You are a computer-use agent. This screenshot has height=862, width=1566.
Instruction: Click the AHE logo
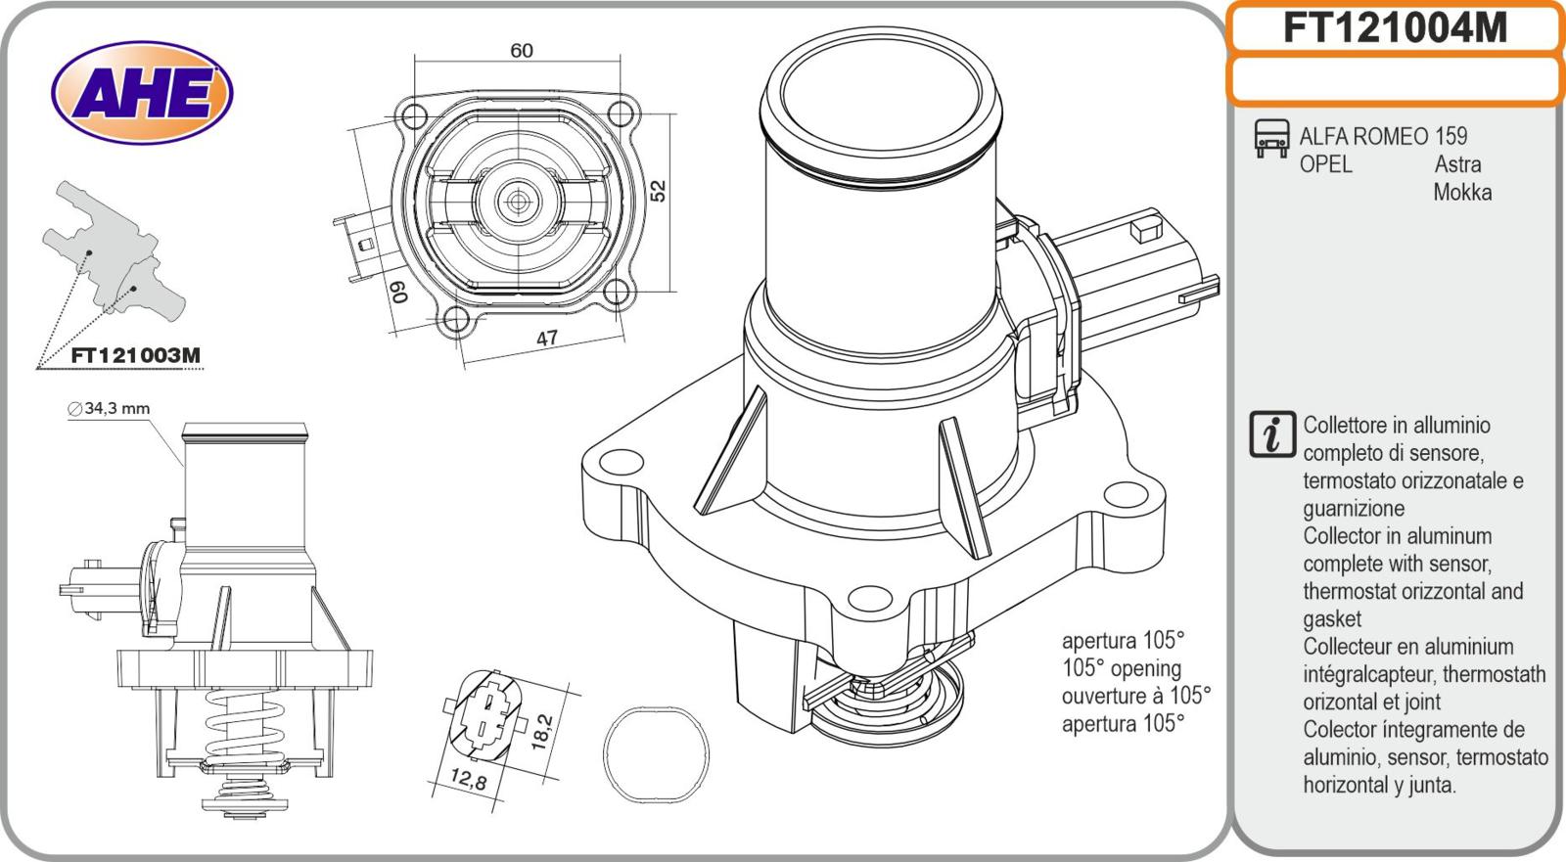click(143, 95)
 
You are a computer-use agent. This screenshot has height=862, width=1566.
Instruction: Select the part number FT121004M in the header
click(1394, 27)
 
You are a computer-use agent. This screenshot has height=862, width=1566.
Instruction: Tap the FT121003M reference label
click(136, 356)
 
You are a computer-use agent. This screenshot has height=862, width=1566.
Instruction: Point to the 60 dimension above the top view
click(522, 50)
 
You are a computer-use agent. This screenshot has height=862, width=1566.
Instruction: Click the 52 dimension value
click(659, 189)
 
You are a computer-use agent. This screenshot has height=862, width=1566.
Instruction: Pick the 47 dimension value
click(547, 338)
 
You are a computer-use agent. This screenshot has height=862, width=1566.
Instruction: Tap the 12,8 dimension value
click(467, 780)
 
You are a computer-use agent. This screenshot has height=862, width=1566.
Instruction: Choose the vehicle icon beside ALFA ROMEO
click(1271, 139)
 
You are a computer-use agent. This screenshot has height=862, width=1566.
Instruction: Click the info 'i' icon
click(1272, 434)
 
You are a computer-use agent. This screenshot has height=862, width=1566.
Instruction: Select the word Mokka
click(1462, 192)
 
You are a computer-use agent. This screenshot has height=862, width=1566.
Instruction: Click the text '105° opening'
click(1122, 668)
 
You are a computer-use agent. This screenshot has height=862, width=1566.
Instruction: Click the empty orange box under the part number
click(1394, 80)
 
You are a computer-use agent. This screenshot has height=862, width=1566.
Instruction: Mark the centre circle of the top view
click(516, 201)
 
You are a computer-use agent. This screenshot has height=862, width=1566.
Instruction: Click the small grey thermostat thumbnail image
click(113, 250)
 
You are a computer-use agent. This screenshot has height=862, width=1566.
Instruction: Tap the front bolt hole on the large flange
click(867, 600)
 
